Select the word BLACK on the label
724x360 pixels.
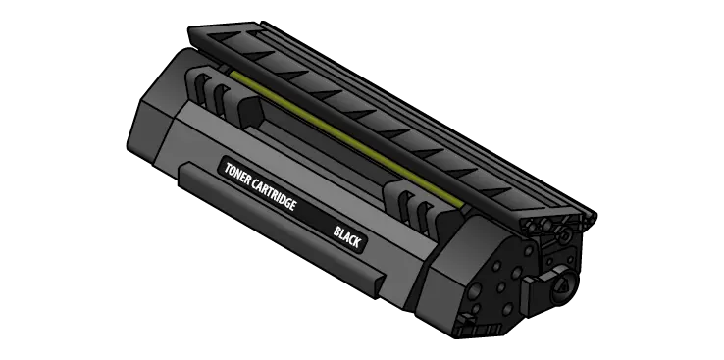click(346, 235)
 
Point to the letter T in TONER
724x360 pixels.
click(228, 169)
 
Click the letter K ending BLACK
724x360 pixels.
click(356, 241)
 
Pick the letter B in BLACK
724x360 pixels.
click(337, 231)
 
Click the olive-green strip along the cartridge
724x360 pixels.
click(345, 138)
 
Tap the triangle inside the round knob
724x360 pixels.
click(564, 285)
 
